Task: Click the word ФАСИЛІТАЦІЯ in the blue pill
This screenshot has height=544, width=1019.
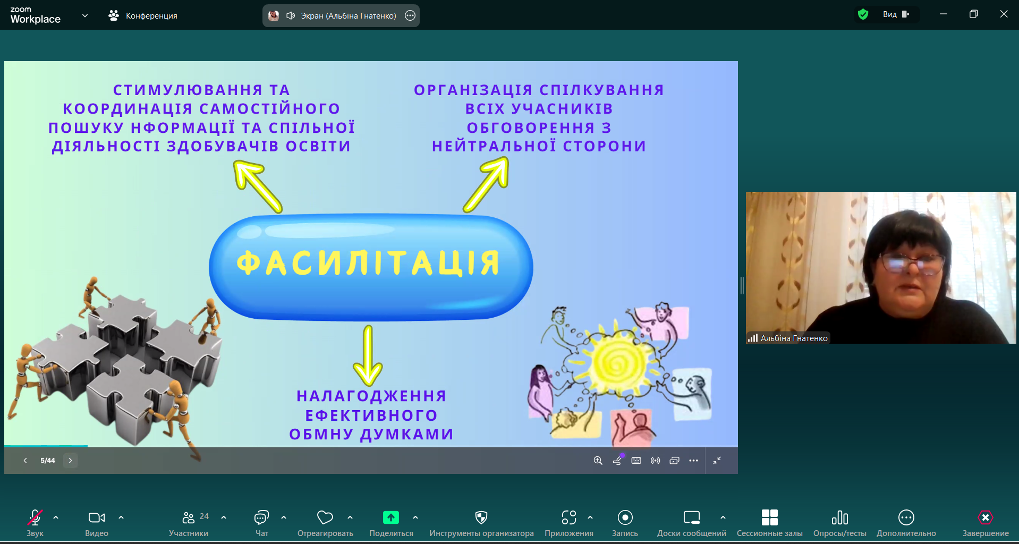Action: click(368, 263)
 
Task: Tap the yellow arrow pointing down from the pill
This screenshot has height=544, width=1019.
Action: click(368, 355)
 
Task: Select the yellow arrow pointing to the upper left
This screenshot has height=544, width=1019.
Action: click(258, 187)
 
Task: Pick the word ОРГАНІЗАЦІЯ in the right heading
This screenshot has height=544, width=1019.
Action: click(473, 90)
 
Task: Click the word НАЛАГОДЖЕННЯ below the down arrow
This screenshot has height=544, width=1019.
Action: click(371, 396)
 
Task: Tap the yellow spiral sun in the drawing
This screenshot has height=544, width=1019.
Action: click(618, 363)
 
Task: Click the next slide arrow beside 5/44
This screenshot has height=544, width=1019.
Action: click(70, 461)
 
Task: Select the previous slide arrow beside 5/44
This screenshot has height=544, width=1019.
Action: click(25, 461)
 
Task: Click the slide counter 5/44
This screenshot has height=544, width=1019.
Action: click(48, 461)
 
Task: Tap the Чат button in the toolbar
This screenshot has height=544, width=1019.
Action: click(262, 523)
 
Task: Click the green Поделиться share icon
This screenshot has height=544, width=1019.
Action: click(391, 517)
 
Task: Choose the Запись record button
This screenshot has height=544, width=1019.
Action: click(625, 523)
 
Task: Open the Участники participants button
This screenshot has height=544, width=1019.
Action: click(189, 523)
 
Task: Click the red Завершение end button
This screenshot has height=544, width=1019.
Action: click(986, 523)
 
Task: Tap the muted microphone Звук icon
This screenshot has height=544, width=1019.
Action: click(35, 517)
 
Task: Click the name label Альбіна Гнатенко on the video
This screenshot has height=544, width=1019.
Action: click(794, 338)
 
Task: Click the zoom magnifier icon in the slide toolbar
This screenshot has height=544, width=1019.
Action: click(598, 461)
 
